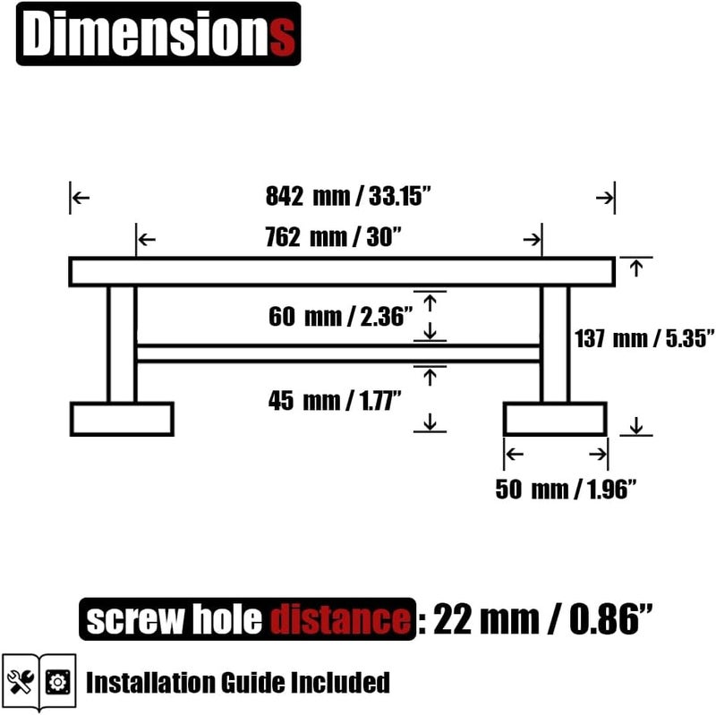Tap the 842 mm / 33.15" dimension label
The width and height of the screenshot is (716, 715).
point(348,196)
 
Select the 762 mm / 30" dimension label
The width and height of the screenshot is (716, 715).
point(333,237)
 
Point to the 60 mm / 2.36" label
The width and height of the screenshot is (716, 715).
point(340,317)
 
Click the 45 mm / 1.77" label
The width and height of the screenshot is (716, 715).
point(335,400)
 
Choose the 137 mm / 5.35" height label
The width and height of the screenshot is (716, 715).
point(644,338)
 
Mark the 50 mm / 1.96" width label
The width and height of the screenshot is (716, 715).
point(566,489)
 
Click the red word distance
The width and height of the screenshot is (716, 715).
point(340,619)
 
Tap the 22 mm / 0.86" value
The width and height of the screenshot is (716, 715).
point(542,619)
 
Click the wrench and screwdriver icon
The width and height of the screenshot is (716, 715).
point(21,682)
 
